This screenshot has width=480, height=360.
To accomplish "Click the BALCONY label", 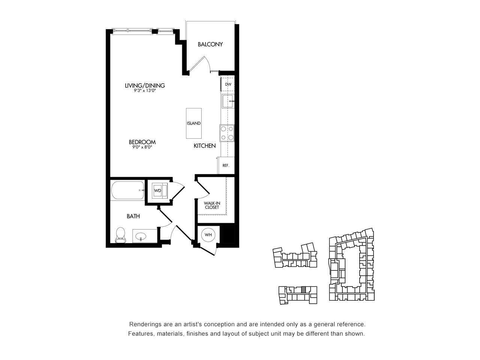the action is (x=210, y=44).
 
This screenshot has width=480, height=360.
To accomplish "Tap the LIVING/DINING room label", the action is (x=145, y=85).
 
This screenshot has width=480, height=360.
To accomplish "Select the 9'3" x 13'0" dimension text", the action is (x=145, y=90).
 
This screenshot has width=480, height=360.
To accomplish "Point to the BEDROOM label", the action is (x=142, y=142).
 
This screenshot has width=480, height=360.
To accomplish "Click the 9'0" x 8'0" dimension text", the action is (x=142, y=147).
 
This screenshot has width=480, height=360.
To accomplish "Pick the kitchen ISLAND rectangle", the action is (x=194, y=123).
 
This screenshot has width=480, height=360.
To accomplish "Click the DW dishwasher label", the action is (x=228, y=84).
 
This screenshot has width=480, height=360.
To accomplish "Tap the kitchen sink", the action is (x=228, y=101).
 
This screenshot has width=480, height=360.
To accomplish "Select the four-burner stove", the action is (x=227, y=133).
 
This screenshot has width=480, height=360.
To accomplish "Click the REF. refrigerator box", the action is (x=226, y=165).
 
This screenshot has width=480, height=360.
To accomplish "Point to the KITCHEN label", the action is (x=205, y=146).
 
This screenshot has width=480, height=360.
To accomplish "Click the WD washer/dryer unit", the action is (x=160, y=190).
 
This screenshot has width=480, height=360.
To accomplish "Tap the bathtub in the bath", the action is (x=128, y=190).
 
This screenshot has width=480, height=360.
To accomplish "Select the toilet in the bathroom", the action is (x=120, y=235).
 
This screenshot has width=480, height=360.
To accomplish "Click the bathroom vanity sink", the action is (x=141, y=236).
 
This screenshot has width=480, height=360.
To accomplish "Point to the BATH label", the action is (x=133, y=216).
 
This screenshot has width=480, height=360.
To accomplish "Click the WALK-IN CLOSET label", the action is (x=212, y=205).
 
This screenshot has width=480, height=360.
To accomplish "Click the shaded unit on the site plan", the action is (x=303, y=290).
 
